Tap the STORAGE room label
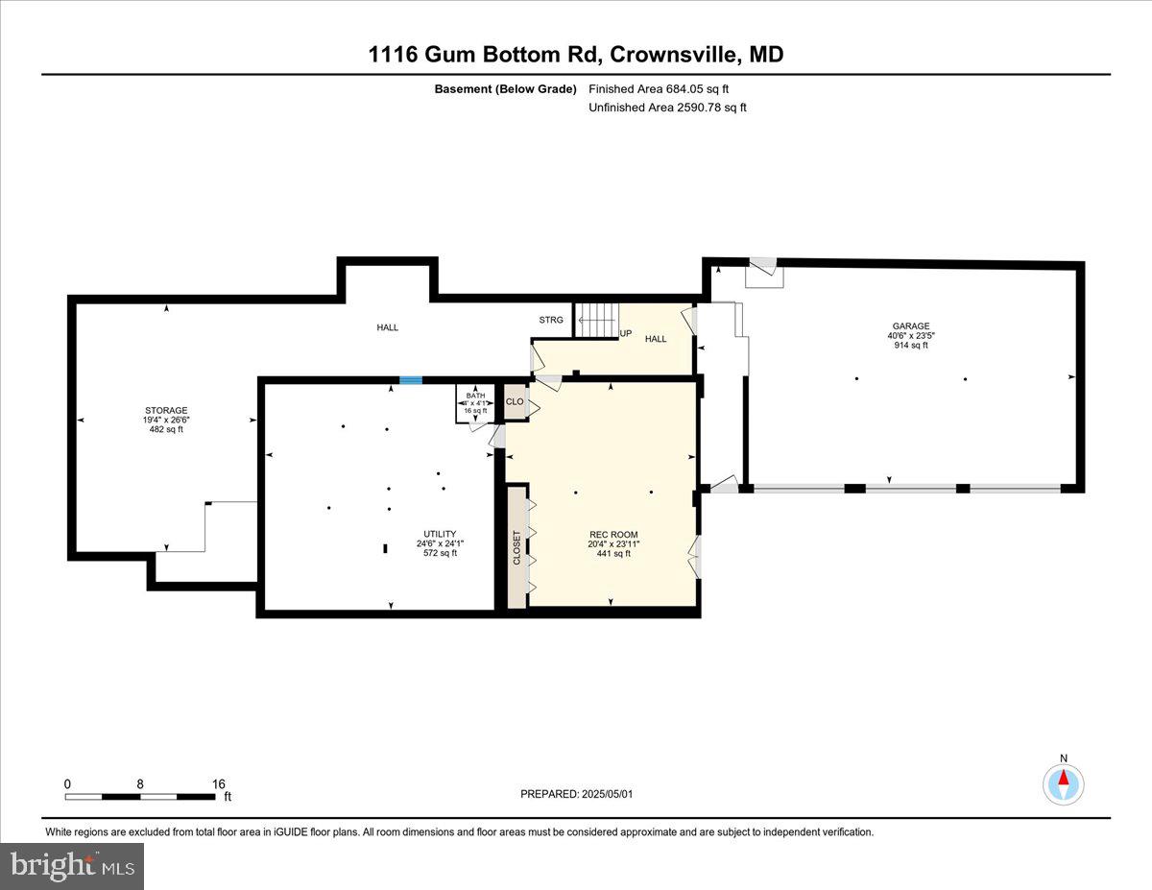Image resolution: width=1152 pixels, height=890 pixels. point(166,410)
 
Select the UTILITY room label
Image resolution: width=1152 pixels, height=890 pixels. point(440,534)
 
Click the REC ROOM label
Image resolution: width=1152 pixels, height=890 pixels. point(613,535)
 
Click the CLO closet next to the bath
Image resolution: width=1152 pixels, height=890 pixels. point(515,402)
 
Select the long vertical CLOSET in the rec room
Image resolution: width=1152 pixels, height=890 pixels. point(516,547)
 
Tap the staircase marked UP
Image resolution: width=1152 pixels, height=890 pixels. point(596,320)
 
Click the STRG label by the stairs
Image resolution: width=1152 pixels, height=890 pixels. point(551,320)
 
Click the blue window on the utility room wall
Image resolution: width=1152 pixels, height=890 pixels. point(410,380)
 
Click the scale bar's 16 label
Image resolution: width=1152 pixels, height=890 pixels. point(218,783)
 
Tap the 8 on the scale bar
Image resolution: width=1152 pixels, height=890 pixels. point(140,783)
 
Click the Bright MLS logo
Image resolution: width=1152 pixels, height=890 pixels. point(72,866)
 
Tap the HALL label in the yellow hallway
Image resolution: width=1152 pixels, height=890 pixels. point(656,339)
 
